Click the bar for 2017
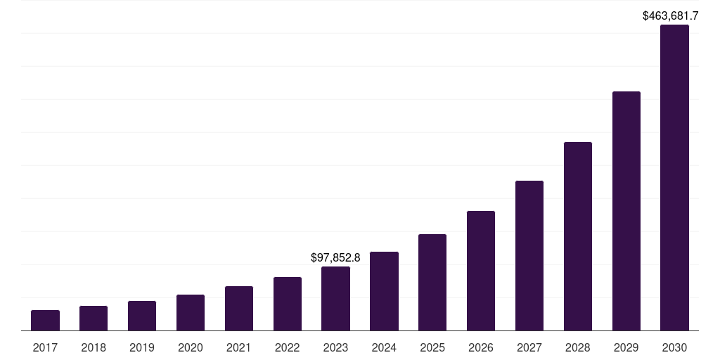(x=45, y=321)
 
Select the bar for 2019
(x=142, y=316)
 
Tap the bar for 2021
(x=239, y=309)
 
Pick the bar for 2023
(x=335, y=299)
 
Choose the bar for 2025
(x=432, y=283)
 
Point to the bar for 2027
(x=529, y=256)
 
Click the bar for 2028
(x=578, y=236)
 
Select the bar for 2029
(x=626, y=211)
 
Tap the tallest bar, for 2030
(x=674, y=178)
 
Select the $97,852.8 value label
(x=335, y=258)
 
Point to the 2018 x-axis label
(x=94, y=347)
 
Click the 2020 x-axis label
(x=191, y=347)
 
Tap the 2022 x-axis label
(x=288, y=347)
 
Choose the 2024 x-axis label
(x=384, y=347)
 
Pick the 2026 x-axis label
(x=481, y=347)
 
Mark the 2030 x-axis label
(x=674, y=347)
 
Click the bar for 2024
(x=384, y=291)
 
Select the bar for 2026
(x=481, y=271)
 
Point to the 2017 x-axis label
(x=45, y=347)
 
